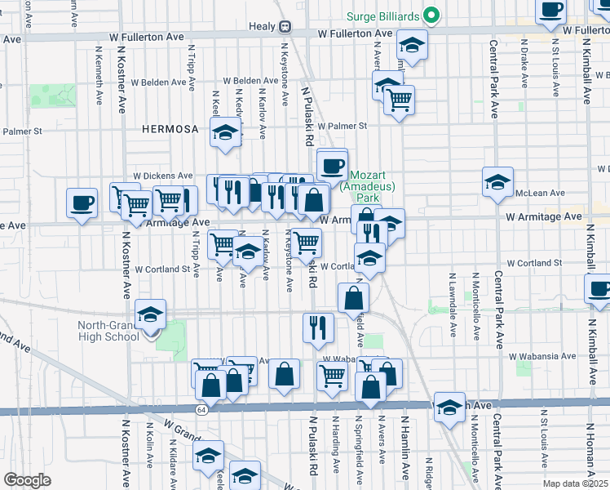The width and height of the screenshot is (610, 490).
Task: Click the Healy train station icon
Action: (285, 26)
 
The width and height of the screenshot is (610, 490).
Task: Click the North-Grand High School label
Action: (109, 332)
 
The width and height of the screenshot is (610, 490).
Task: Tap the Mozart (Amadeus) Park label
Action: (366, 186)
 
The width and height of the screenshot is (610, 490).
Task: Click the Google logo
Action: (27, 480)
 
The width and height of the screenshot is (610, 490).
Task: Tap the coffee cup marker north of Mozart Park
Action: (332, 165)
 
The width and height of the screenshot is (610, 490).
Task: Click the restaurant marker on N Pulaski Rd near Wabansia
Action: (318, 327)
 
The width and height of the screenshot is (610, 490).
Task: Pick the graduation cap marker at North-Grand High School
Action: (150, 314)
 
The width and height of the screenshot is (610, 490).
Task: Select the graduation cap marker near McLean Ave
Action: (497, 183)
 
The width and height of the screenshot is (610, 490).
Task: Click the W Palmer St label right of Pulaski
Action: (343, 127)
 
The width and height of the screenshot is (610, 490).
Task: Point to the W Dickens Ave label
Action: (162, 176)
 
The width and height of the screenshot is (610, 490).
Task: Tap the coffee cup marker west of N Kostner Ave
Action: (82, 203)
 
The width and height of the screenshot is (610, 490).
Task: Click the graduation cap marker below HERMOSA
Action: (225, 132)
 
